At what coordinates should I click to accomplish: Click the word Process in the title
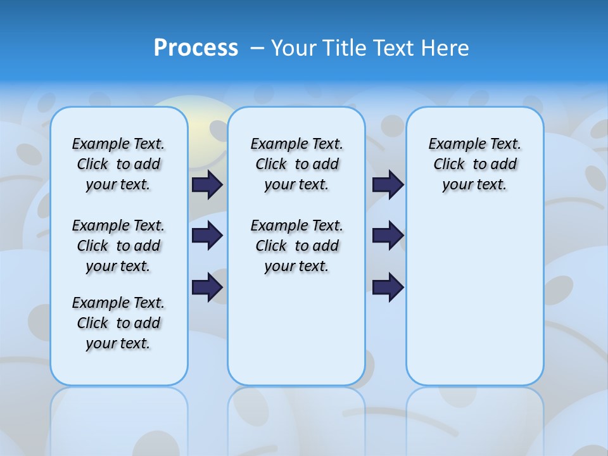[196, 48]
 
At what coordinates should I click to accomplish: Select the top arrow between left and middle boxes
[207, 184]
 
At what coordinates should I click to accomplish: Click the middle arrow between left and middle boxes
[207, 236]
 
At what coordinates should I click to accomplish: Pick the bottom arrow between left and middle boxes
[207, 287]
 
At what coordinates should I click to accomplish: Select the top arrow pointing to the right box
[388, 184]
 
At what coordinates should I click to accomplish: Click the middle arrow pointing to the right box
[388, 236]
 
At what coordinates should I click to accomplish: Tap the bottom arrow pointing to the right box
[388, 287]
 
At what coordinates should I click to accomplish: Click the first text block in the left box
[118, 164]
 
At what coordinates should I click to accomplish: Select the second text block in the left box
[118, 246]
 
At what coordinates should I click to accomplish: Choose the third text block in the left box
[118, 323]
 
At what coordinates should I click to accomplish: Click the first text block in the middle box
[296, 164]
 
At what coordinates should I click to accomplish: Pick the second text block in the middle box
[296, 246]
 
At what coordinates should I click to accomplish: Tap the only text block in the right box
[474, 164]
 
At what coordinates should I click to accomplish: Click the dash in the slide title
[257, 48]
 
